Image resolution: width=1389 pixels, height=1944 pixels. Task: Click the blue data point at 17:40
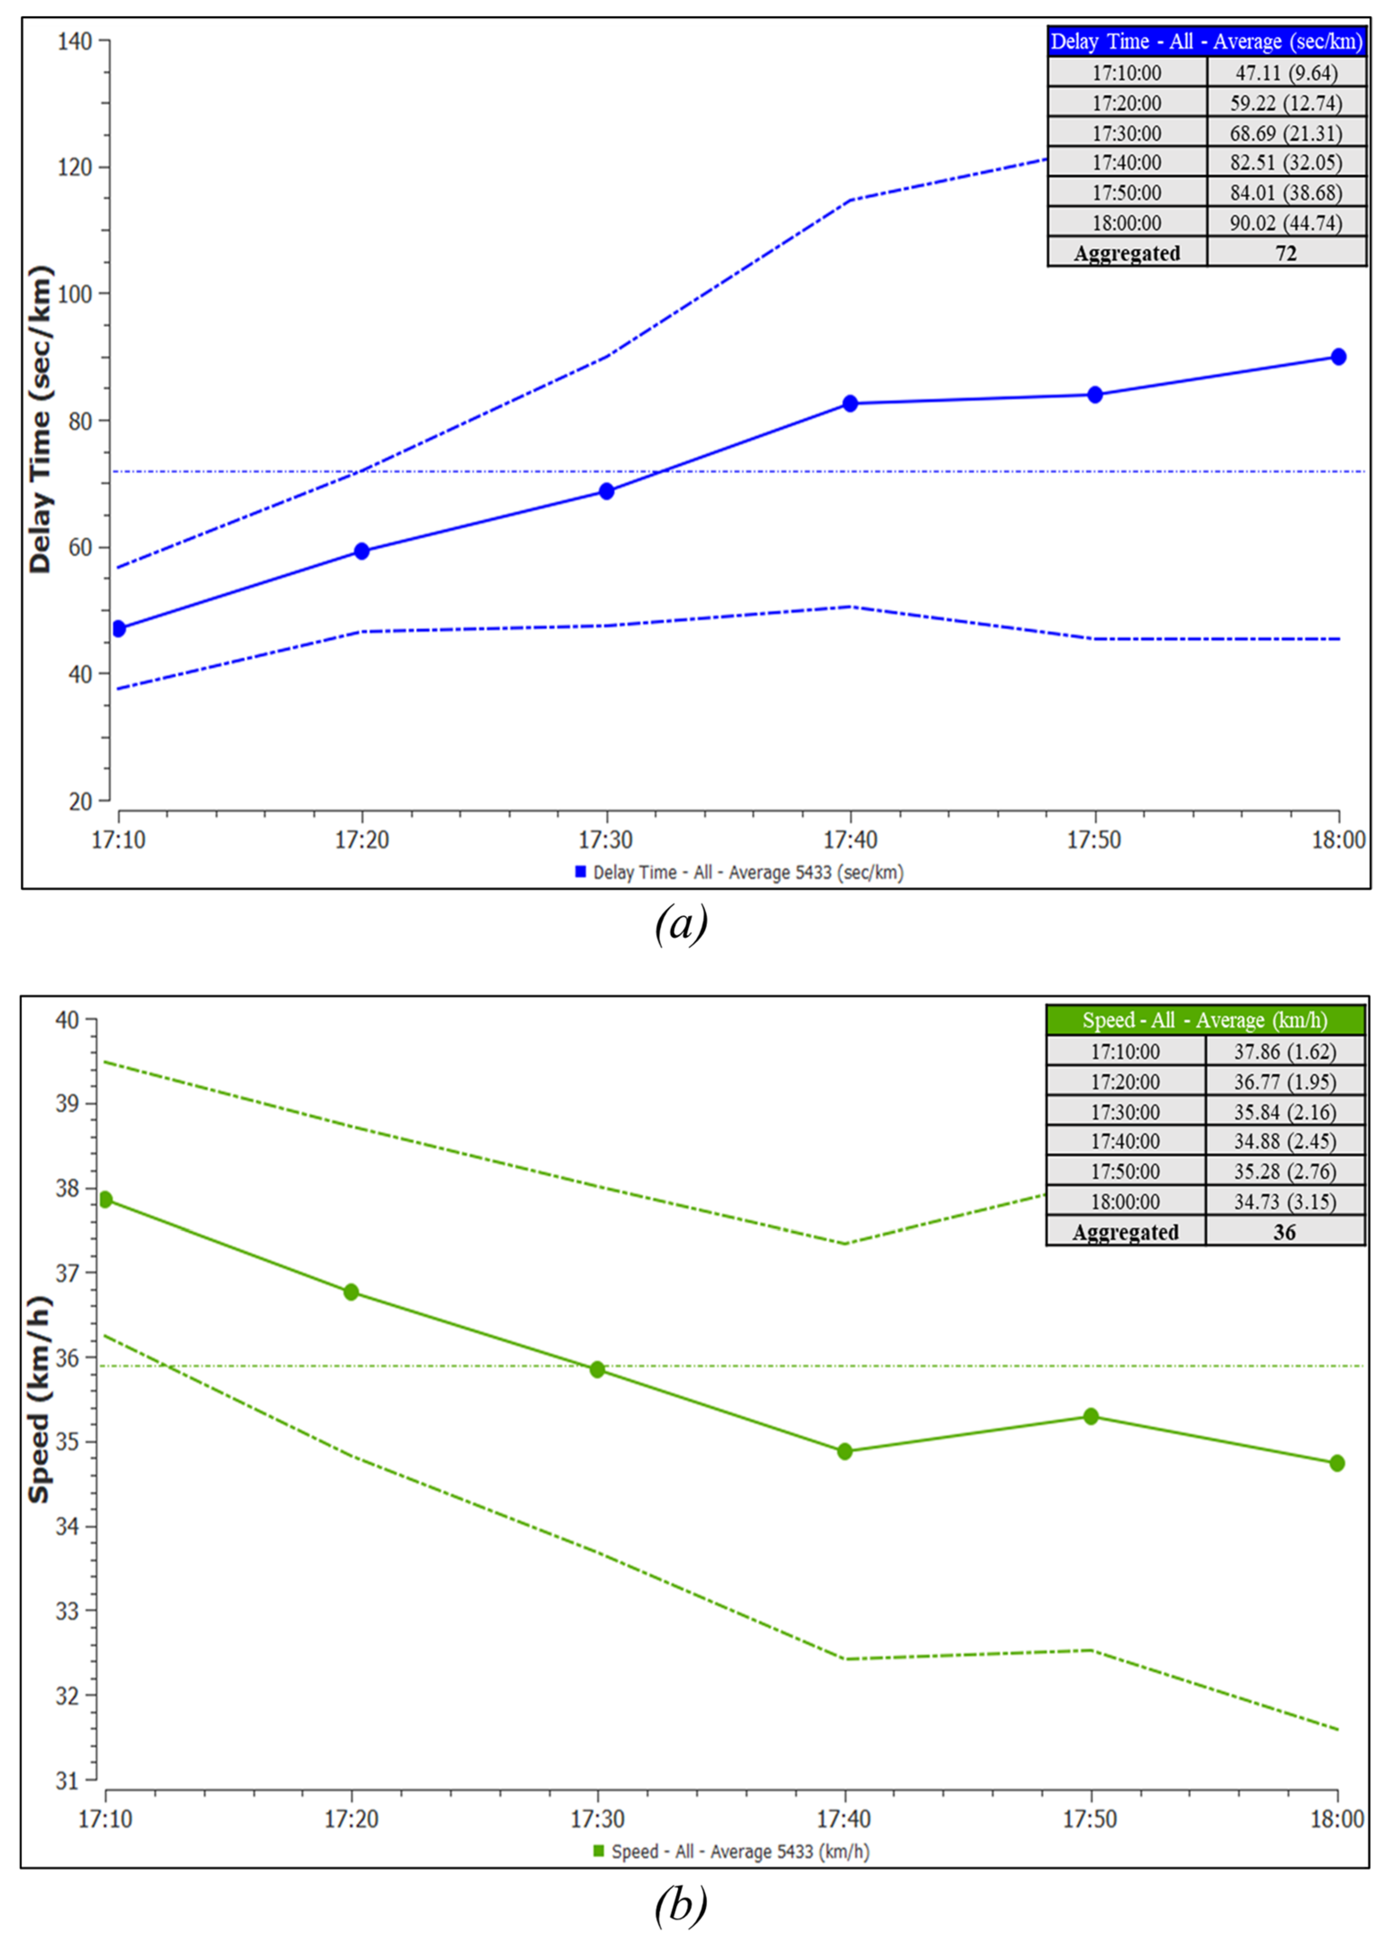point(849,404)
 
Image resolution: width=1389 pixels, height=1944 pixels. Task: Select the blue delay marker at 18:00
point(1338,356)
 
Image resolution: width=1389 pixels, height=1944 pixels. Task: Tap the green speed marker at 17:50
point(1091,1416)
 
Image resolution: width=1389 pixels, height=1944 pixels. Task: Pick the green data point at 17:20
point(351,1291)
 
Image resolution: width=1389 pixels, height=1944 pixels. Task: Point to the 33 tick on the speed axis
point(68,1611)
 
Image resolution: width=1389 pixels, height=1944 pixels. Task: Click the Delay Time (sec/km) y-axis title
point(40,419)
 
